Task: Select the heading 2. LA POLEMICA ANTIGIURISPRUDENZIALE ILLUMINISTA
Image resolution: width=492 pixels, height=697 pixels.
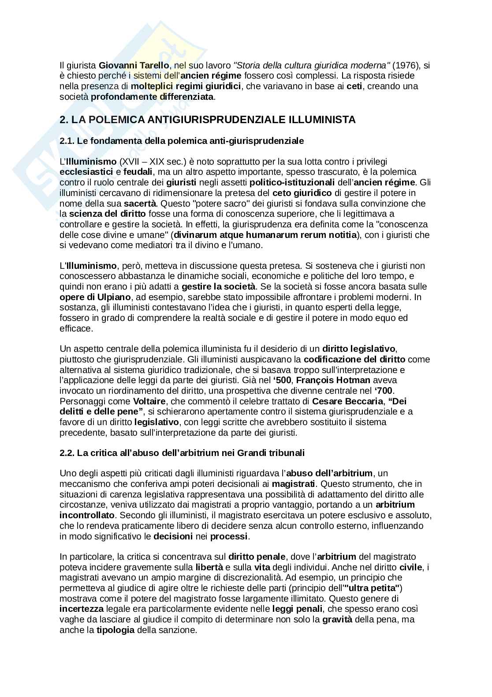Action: pos(208,120)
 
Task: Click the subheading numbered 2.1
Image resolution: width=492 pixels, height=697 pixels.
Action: pos(182,141)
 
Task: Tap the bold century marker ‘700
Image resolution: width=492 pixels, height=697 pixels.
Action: pos(384,391)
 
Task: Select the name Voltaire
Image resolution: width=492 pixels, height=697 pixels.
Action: pos(149,401)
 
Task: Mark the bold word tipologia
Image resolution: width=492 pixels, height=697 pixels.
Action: pos(116,630)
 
